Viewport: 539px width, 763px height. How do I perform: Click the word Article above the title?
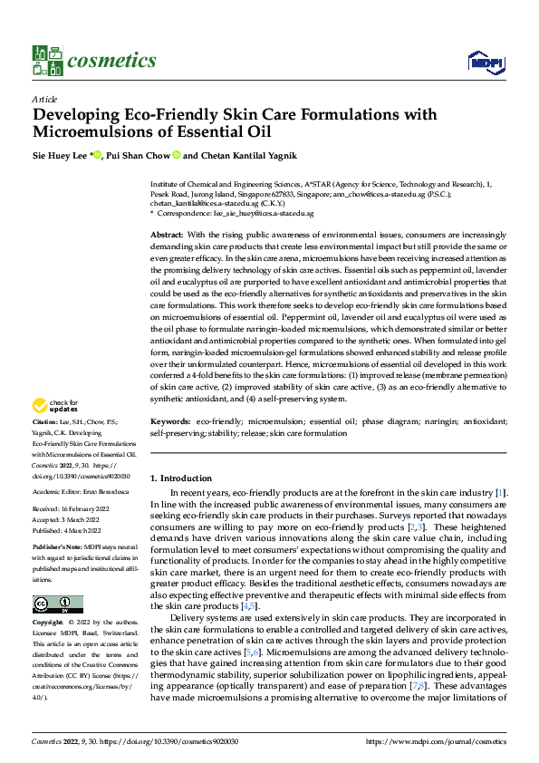point(44,98)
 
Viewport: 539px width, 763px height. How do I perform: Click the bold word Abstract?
point(168,235)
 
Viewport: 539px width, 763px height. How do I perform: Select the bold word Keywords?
point(170,421)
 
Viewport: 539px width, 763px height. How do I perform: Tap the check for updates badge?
point(56,406)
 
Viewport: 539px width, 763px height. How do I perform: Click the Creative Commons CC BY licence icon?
point(57,604)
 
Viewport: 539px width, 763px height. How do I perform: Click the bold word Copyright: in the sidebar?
point(47,624)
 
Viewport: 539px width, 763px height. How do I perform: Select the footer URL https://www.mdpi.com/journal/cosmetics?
point(435,740)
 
